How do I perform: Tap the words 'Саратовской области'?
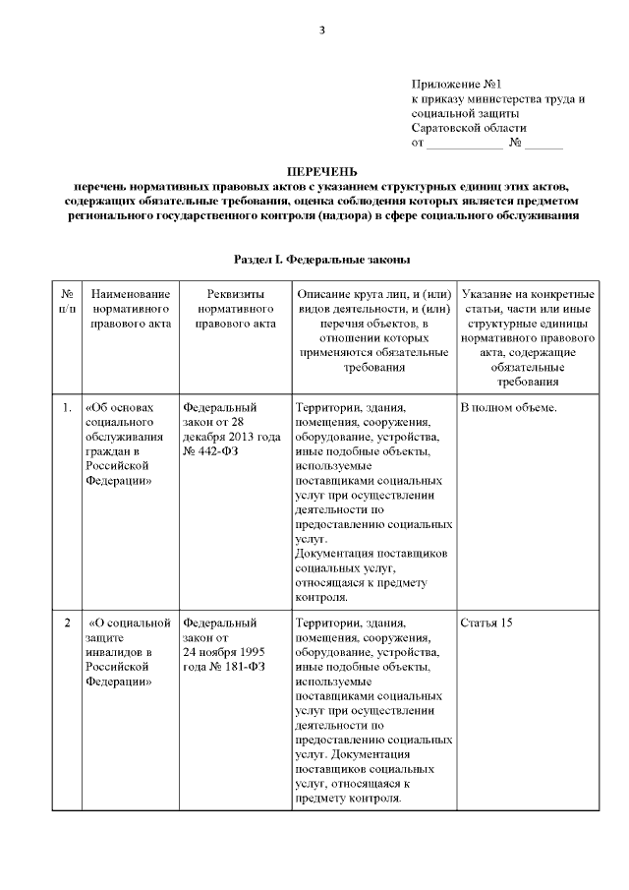tap(469, 128)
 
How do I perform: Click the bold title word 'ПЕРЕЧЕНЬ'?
tap(314, 171)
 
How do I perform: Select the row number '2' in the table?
tap(67, 623)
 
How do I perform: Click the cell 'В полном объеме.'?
tap(508, 407)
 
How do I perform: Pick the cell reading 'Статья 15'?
tap(486, 623)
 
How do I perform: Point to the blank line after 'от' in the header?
tap(464, 144)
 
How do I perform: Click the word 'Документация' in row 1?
tap(334, 554)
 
